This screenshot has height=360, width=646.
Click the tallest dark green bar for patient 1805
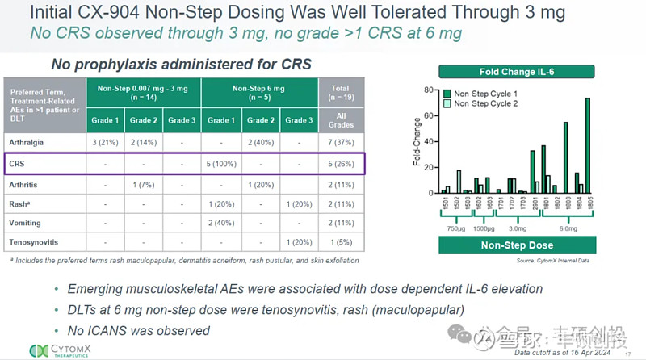click(x=587, y=146)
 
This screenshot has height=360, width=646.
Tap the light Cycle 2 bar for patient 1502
click(x=459, y=182)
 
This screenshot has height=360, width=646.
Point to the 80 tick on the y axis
click(x=429, y=90)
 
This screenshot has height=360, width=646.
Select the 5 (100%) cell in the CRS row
click(x=219, y=165)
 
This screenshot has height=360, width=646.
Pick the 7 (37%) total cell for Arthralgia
click(x=339, y=143)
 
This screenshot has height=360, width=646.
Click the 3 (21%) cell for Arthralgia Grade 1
click(x=106, y=143)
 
